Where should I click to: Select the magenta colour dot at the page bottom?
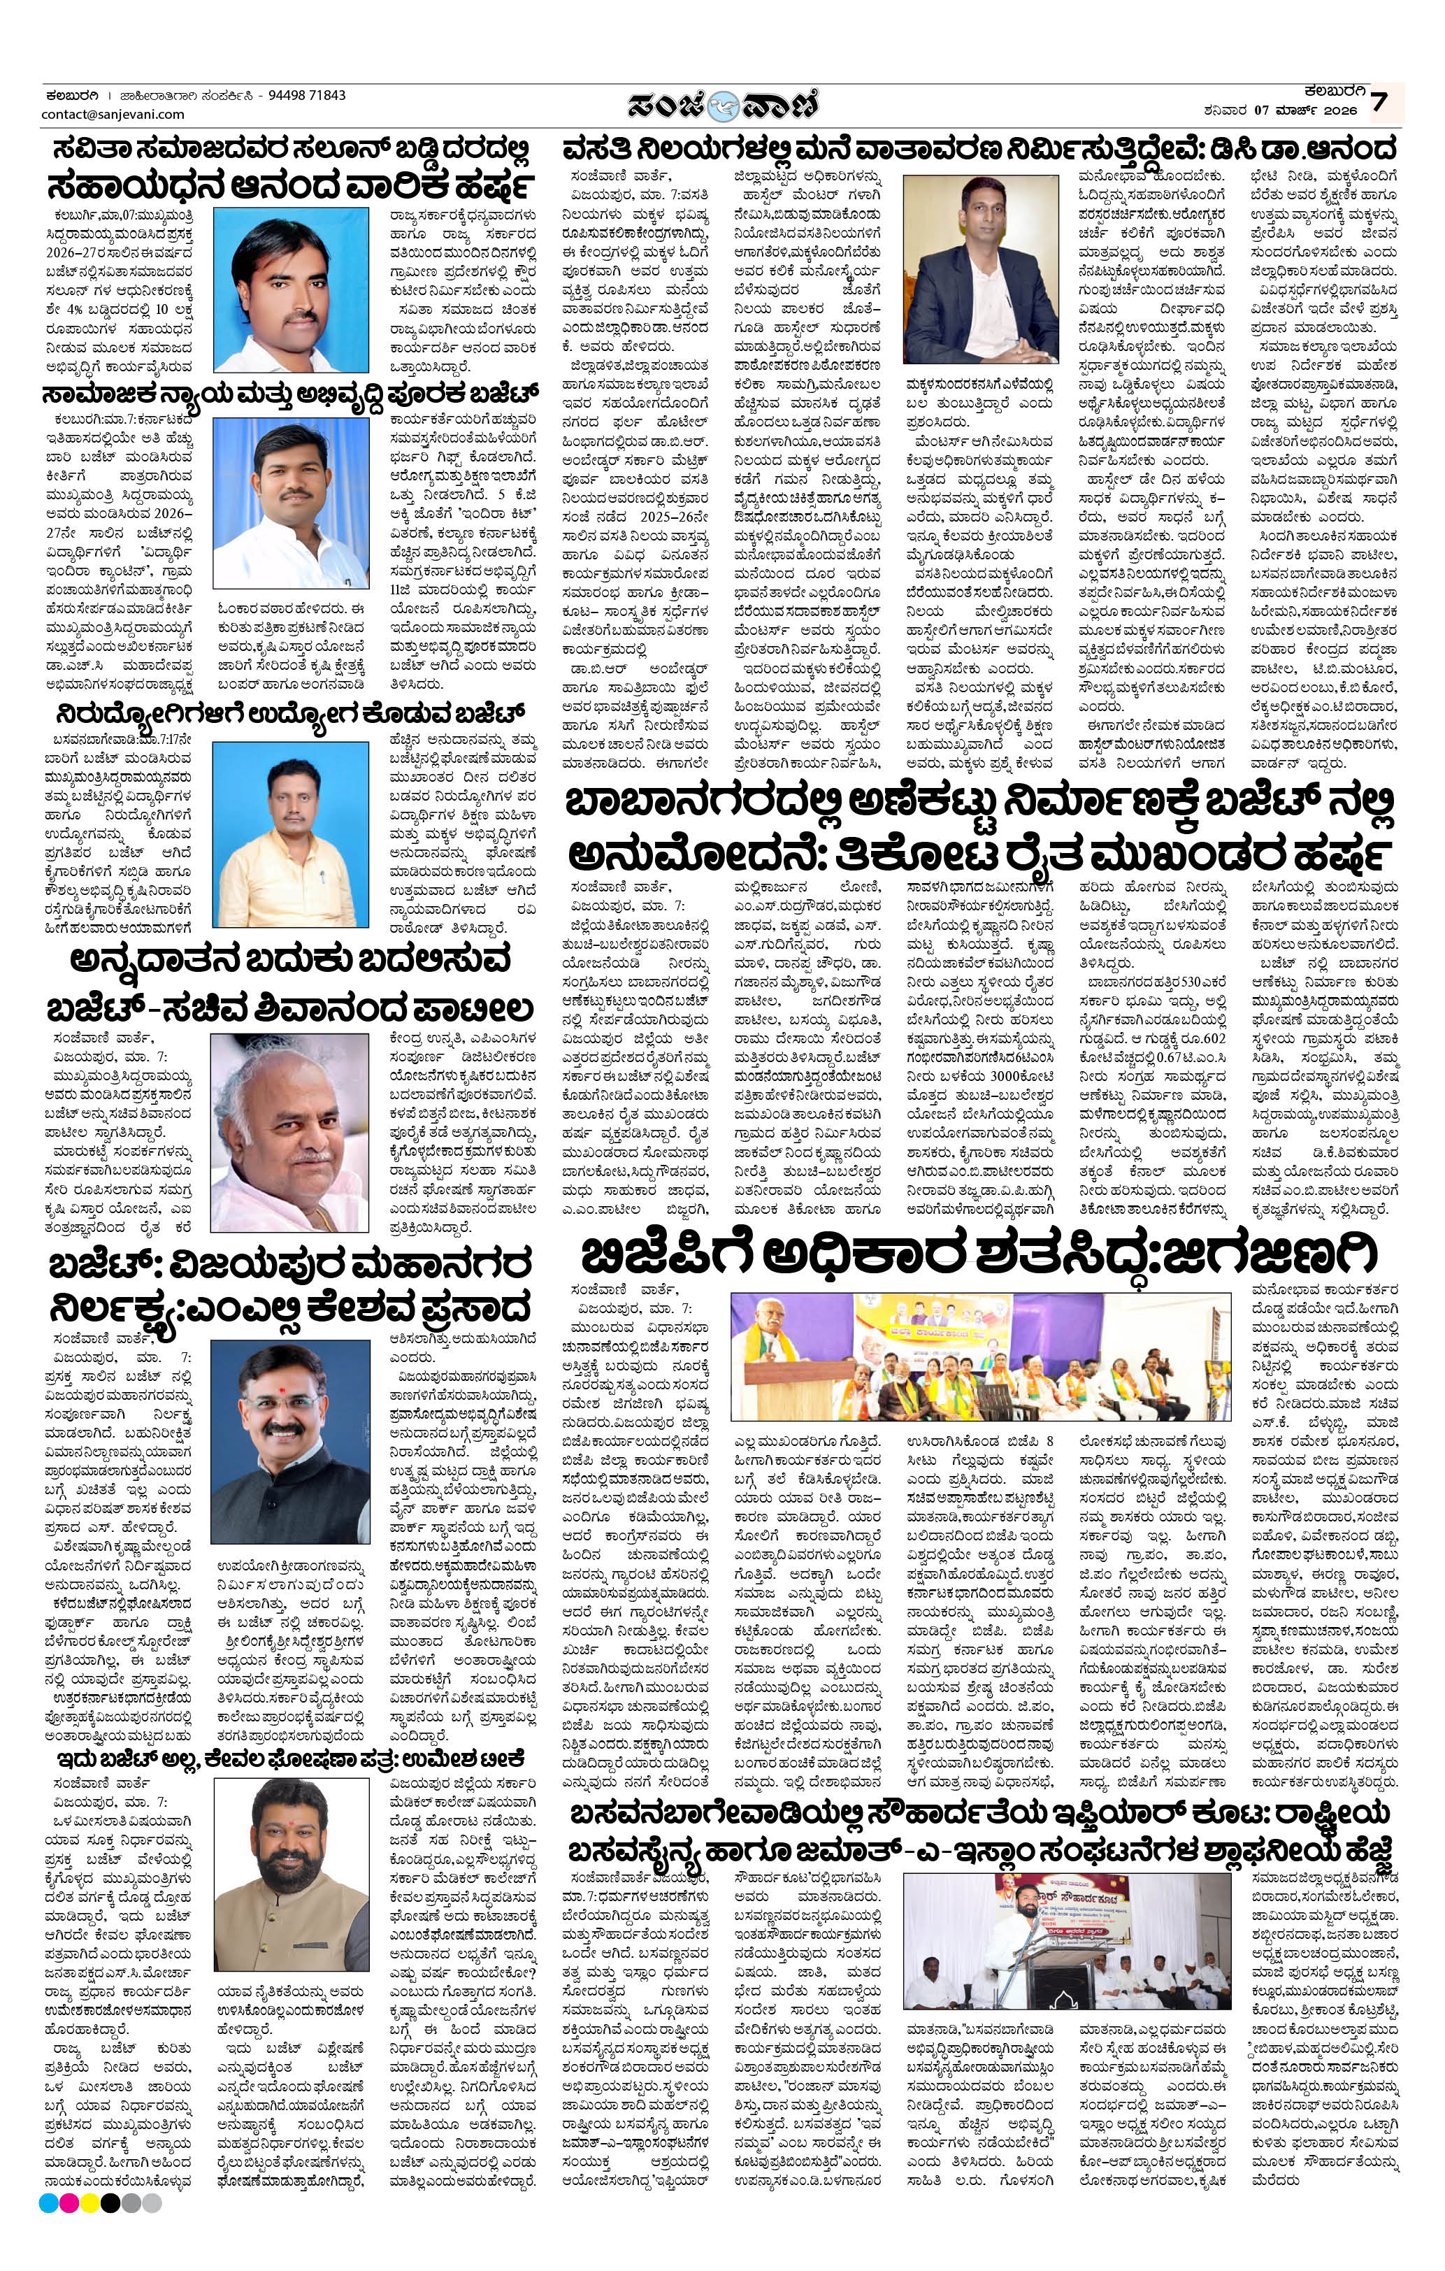pos(69,2249)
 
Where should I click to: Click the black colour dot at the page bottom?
pos(110,2249)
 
